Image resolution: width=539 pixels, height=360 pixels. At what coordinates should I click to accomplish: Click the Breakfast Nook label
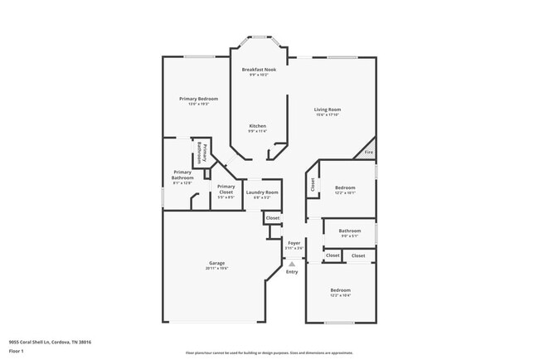point(258,70)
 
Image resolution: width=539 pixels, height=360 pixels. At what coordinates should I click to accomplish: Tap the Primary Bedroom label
point(198,99)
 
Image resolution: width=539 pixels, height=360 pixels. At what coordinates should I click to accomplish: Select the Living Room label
point(327,109)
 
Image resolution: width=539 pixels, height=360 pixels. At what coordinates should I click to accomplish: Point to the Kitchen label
point(258,125)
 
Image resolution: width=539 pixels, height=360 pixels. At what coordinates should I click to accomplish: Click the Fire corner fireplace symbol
point(368,152)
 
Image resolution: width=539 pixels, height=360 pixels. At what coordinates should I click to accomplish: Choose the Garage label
point(216,263)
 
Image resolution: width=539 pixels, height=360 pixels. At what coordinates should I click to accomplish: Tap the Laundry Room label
point(262,192)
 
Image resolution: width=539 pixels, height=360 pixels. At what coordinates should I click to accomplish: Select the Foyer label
point(294,243)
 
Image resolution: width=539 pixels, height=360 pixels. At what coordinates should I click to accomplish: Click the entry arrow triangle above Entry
point(292,264)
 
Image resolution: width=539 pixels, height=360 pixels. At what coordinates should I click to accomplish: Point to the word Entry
point(292,272)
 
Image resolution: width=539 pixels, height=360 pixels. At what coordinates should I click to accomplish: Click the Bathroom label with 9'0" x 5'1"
point(349,231)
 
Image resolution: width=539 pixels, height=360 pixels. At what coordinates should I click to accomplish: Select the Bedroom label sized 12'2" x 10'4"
point(341,289)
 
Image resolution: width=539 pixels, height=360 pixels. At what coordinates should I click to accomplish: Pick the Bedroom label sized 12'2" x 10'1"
point(345,188)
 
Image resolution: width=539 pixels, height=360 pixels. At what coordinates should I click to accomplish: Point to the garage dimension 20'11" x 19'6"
point(216,268)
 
